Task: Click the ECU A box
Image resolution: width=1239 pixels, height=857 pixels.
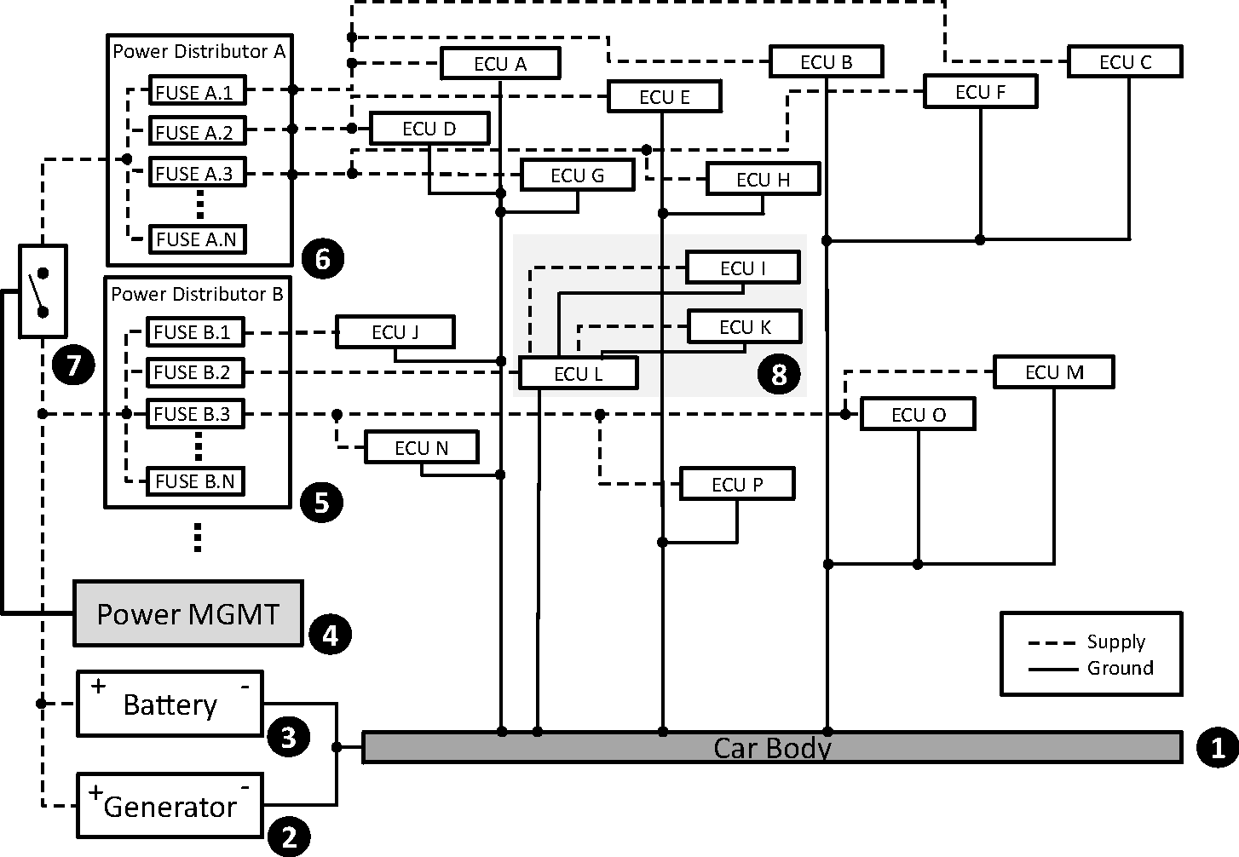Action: tap(500, 64)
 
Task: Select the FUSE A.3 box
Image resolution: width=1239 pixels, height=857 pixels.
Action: tap(198, 173)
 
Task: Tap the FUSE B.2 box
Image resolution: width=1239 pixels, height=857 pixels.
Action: tap(195, 372)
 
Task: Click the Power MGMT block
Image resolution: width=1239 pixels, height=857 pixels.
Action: tap(188, 613)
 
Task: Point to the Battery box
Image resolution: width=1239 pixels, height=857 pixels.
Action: tap(170, 704)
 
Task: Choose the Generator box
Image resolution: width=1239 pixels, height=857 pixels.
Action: tap(170, 805)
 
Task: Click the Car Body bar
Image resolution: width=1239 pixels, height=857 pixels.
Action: tap(772, 747)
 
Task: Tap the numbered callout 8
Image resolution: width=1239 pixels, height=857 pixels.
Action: tap(779, 374)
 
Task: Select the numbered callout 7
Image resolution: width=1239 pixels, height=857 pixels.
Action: tap(73, 365)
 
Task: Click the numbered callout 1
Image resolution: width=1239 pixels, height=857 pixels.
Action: tap(1218, 748)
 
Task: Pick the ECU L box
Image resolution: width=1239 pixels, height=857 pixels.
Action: tap(578, 373)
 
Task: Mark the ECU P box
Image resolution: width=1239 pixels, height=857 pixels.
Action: tap(737, 484)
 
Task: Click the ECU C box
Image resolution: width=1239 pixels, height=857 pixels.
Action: tap(1125, 61)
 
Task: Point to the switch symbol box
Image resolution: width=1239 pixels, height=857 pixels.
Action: tap(43, 290)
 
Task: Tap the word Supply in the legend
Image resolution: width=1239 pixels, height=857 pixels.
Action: tap(1115, 642)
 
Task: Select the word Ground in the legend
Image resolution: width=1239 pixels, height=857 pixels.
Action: tap(1120, 668)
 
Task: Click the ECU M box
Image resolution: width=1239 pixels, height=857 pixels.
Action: tap(1054, 372)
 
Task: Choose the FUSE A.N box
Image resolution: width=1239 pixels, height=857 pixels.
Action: tap(198, 239)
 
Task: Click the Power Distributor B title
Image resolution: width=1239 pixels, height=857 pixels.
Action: tap(197, 294)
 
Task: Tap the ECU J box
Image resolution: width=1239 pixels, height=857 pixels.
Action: tap(395, 331)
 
